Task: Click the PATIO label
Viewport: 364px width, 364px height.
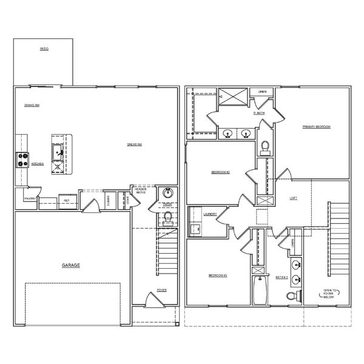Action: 44,48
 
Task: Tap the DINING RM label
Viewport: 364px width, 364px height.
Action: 32,104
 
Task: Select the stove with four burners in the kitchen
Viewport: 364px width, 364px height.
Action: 22,160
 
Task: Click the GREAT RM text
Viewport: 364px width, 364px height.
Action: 134,144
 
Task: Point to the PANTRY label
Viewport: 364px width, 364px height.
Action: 29,198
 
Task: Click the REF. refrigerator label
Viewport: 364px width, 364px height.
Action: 66,199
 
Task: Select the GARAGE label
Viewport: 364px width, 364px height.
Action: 70,266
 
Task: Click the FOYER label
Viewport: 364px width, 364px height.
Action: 162,290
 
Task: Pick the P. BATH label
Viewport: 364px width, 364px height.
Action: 259,113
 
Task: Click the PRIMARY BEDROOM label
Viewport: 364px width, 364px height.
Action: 317,127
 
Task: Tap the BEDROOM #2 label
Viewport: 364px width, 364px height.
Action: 220,172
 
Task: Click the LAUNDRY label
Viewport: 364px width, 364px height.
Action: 211,214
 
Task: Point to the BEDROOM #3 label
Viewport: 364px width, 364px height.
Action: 218,275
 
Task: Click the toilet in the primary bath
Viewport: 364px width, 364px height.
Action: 265,146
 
